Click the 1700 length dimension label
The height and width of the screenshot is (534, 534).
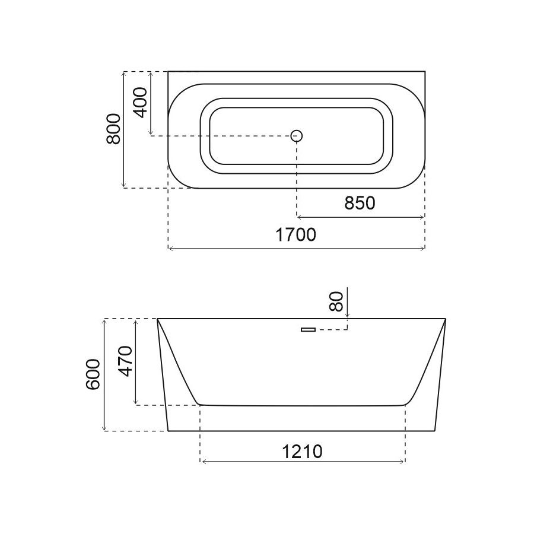point(295,235)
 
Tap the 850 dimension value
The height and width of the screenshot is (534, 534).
point(360,204)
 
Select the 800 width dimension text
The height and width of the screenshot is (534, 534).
point(113,129)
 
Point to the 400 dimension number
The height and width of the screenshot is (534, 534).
point(141,103)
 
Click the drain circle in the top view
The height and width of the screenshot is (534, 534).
point(297,136)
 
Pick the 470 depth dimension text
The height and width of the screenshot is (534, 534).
point(125,361)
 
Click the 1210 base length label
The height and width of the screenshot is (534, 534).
point(302,452)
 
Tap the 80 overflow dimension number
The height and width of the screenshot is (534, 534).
point(336,301)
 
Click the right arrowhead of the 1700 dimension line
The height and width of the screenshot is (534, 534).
point(423,248)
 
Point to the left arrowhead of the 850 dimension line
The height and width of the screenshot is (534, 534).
point(299,217)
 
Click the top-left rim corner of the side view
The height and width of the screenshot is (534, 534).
point(158,319)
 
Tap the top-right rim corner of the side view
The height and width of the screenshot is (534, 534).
point(445,319)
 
